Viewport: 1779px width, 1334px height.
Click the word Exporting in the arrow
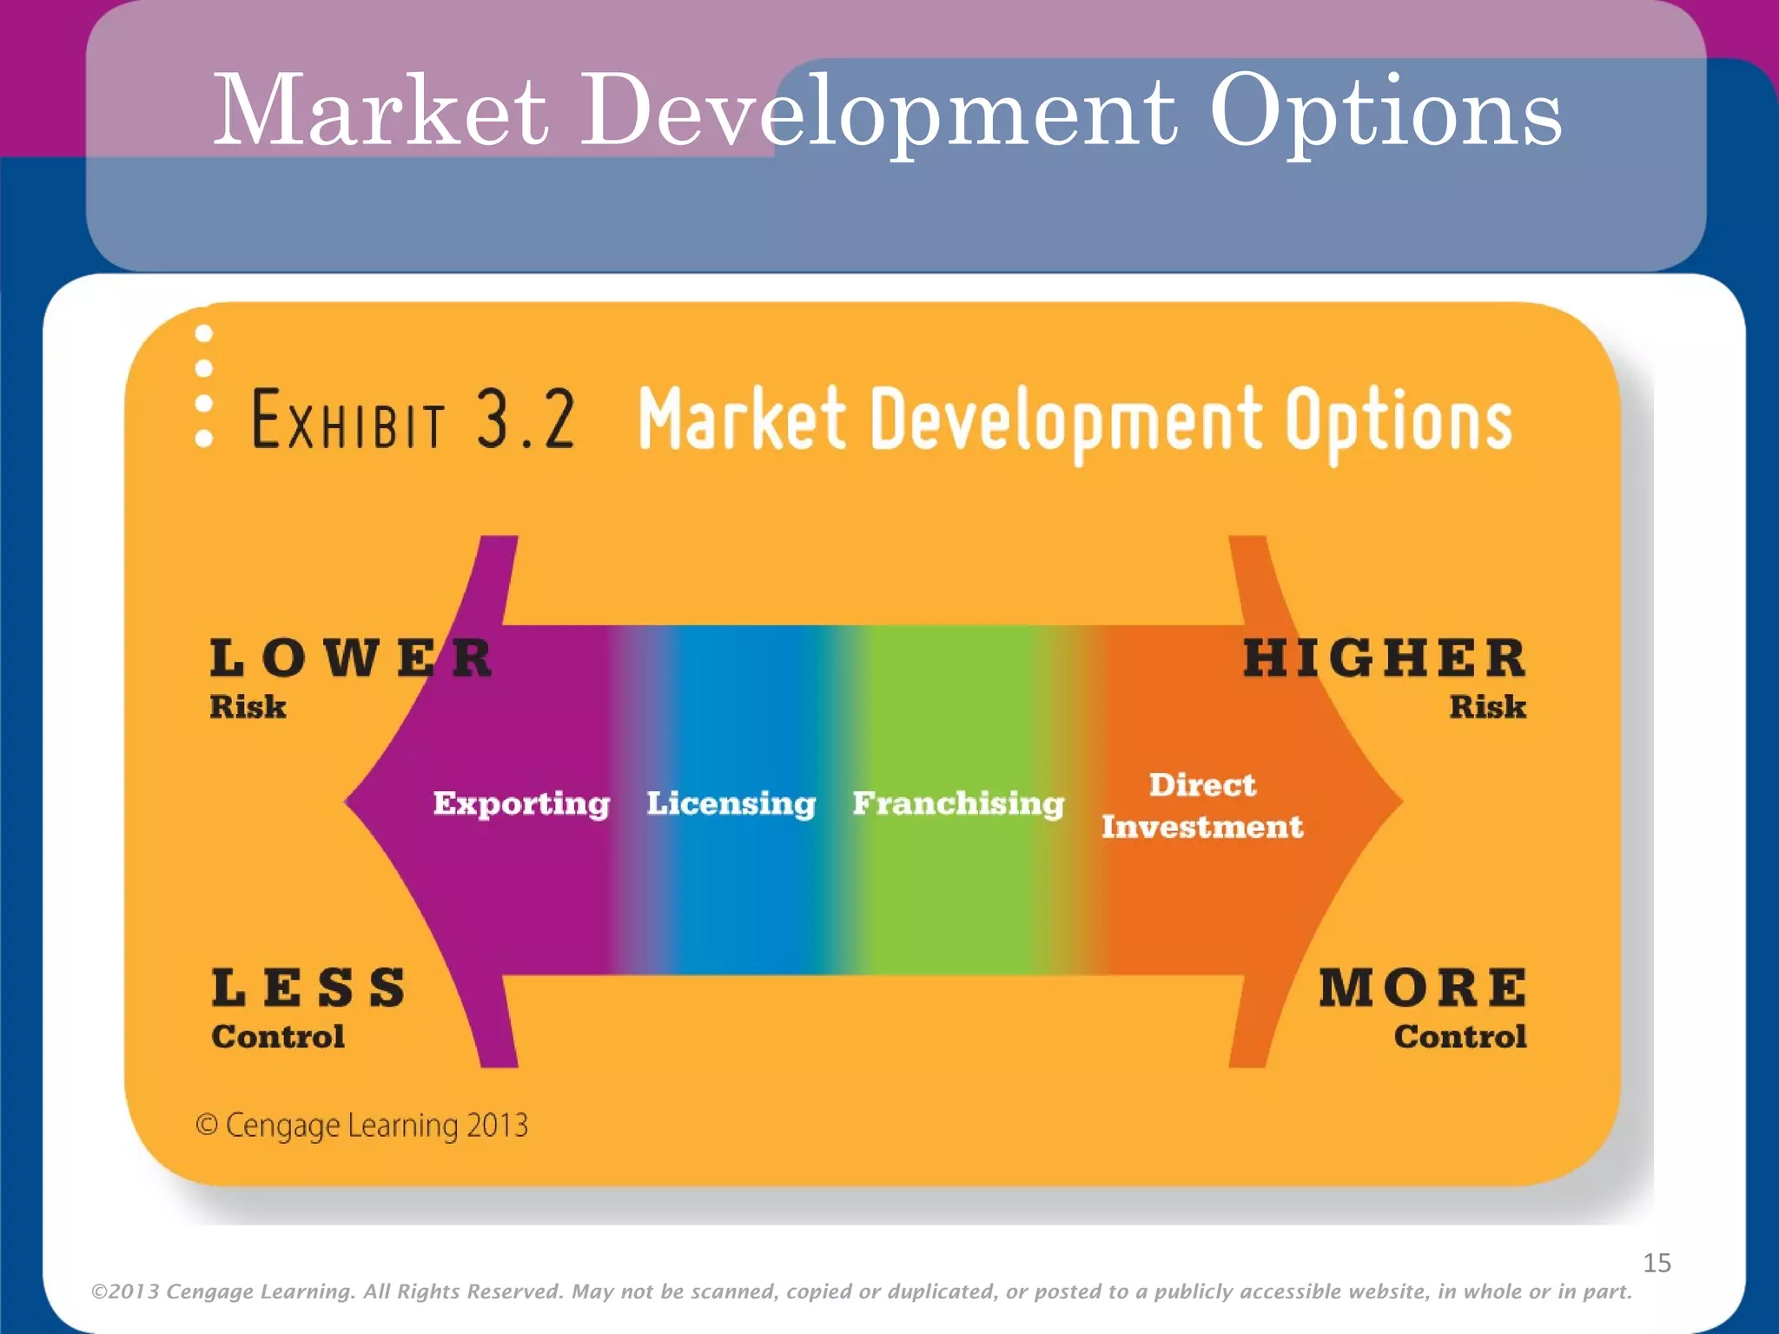coord(521,803)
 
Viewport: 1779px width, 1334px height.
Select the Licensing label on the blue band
coord(731,803)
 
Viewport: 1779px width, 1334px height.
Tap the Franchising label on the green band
coord(958,803)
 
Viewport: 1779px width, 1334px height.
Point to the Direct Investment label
coord(1202,806)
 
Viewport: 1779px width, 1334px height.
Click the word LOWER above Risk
coord(352,657)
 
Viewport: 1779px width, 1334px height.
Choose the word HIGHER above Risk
coord(1384,657)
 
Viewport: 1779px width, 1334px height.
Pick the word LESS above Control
coord(309,988)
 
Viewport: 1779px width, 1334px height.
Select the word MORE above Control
coord(1423,988)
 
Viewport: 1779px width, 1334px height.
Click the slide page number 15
coord(1657,1263)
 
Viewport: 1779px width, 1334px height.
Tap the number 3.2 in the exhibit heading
coord(526,419)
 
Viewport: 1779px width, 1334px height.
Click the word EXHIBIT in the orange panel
coord(348,420)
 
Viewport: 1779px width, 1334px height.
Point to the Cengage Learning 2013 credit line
coord(362,1126)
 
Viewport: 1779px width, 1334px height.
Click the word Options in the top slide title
coord(1386,113)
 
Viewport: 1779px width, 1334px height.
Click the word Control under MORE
coord(1460,1037)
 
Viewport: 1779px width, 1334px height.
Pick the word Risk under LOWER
coord(248,707)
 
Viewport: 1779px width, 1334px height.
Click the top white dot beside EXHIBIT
coord(204,333)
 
